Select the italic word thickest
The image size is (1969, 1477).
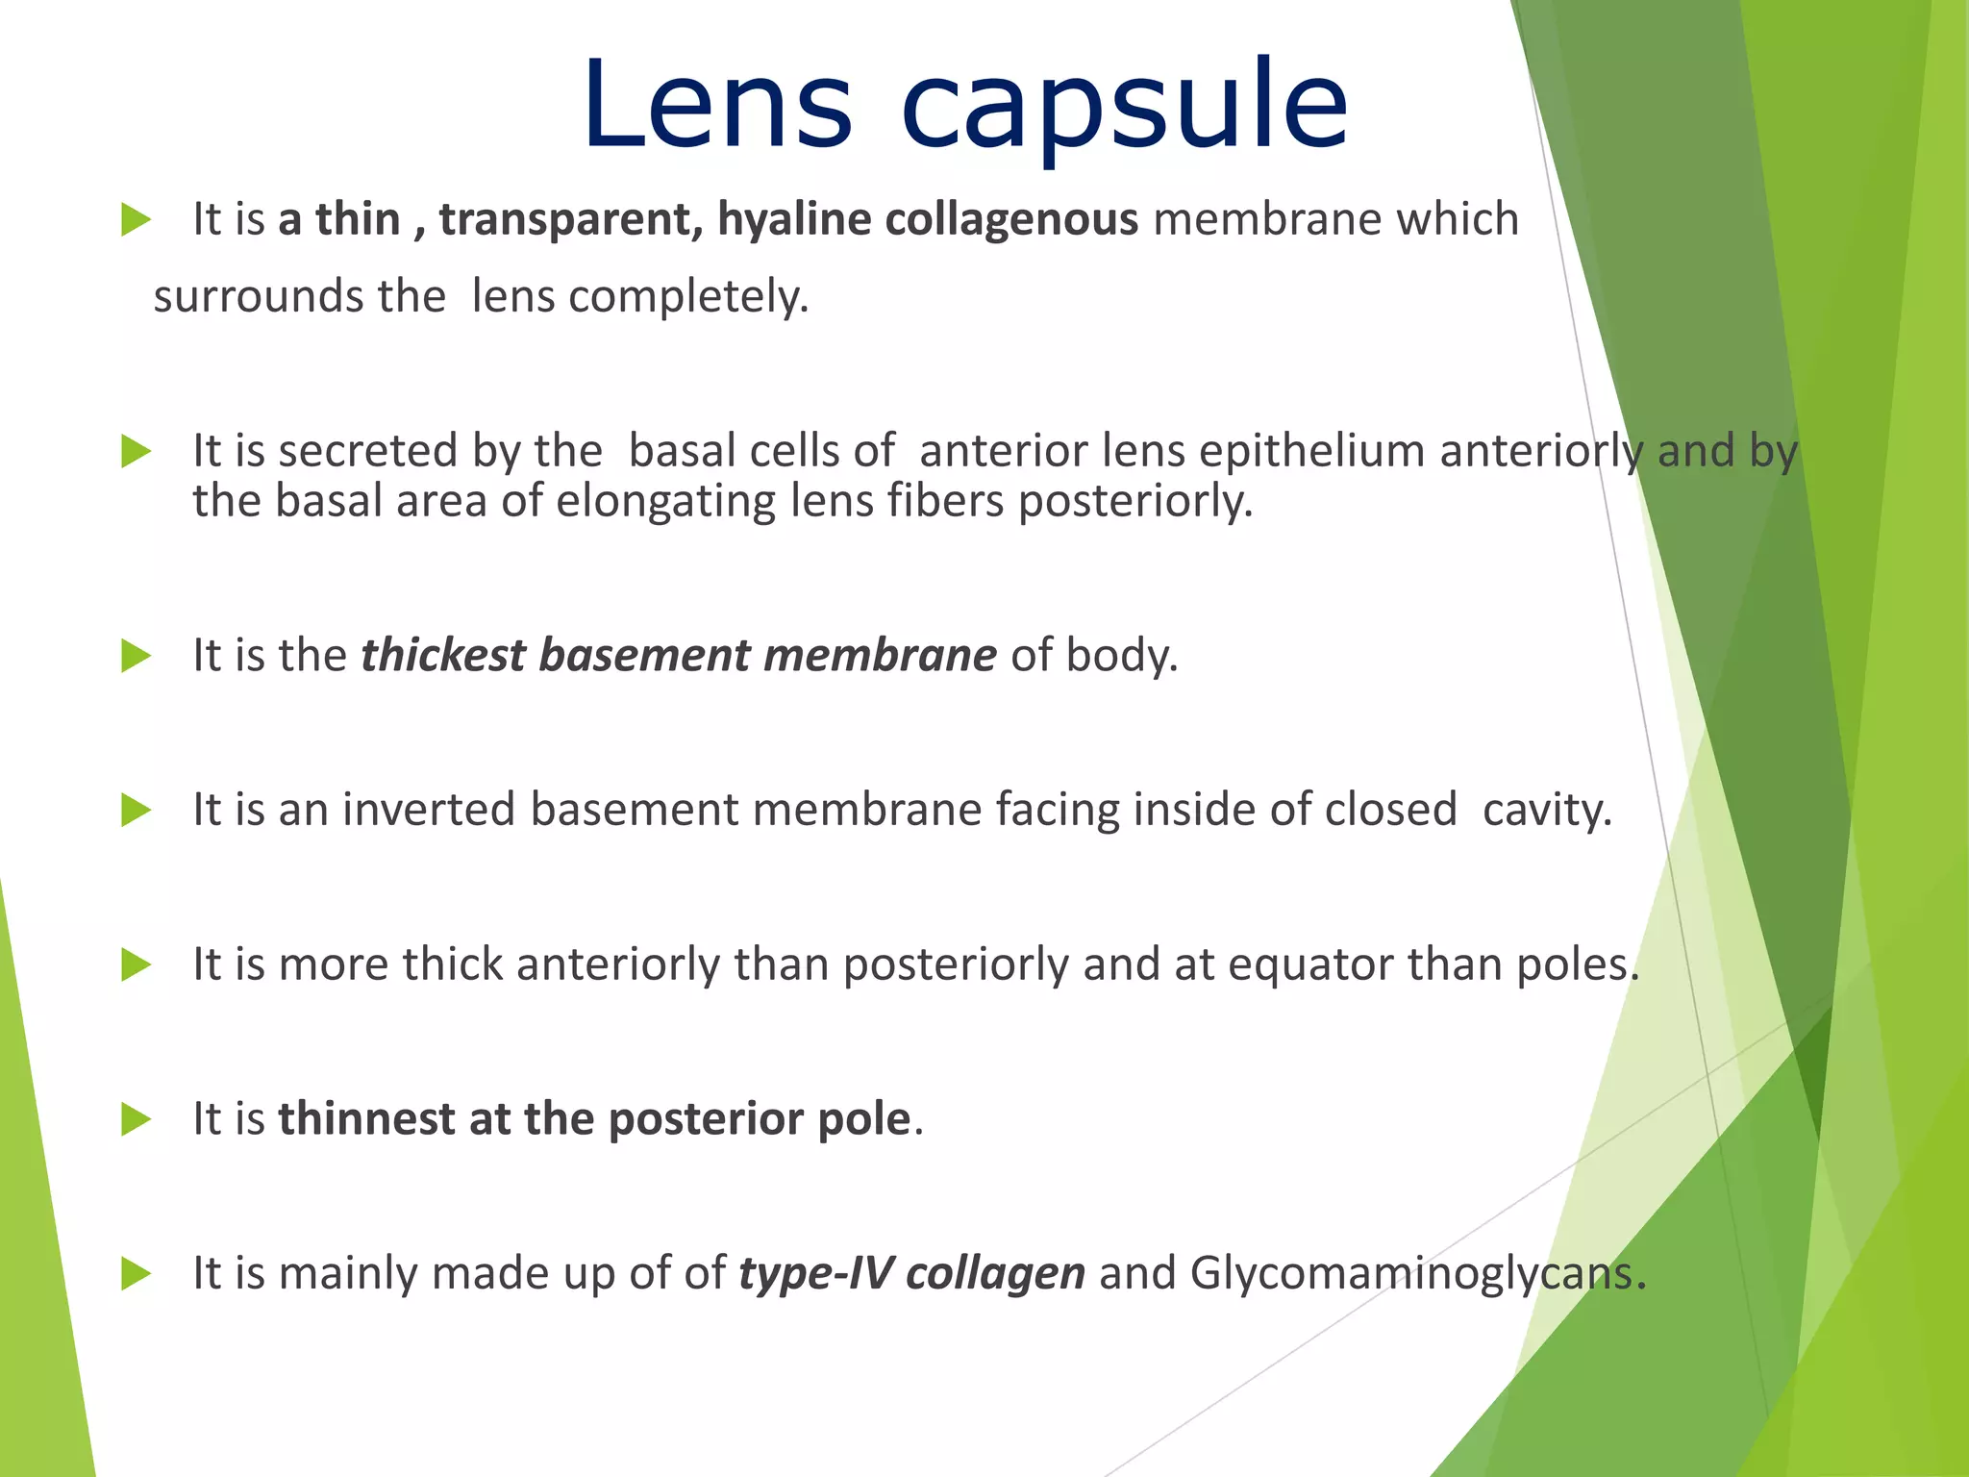click(443, 656)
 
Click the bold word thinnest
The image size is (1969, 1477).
click(366, 1119)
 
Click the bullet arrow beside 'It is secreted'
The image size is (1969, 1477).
click(137, 452)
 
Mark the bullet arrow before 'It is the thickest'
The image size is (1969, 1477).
click(137, 657)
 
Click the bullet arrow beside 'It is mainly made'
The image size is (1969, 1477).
click(137, 1274)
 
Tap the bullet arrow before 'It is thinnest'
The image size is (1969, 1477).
click(137, 1119)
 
